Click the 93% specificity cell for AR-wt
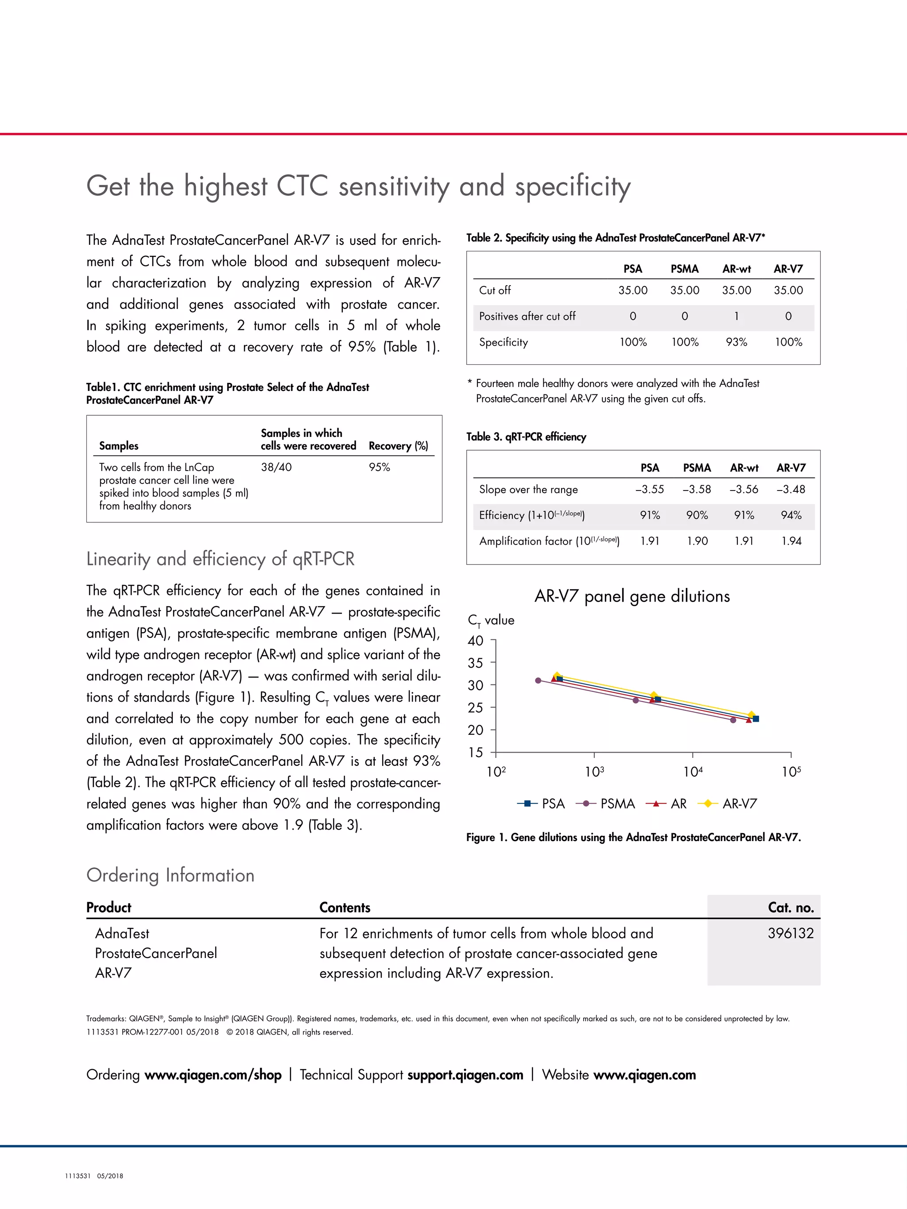736,342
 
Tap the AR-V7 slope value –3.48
791,489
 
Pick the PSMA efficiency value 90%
697,515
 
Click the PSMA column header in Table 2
685,269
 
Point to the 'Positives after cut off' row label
527,317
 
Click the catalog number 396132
790,933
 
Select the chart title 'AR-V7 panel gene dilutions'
632,596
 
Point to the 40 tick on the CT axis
476,641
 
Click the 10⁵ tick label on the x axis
791,772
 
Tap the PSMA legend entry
606,803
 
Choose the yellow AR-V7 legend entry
728,803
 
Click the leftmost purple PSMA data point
538,680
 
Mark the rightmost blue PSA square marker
756,719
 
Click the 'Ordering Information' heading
170,875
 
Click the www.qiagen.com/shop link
213,1074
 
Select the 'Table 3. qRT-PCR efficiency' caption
526,436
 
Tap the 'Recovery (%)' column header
398,446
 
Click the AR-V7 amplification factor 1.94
791,541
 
